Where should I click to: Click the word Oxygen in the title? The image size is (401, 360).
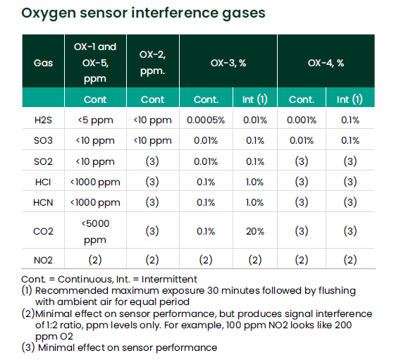coord(49,13)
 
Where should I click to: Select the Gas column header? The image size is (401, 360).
coord(43,63)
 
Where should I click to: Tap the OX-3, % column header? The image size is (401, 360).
coord(228,63)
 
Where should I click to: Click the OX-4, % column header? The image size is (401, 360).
coord(326,63)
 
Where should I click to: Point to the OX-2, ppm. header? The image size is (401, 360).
coord(153,63)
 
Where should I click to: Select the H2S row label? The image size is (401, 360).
coord(43,120)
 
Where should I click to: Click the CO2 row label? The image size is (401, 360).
coord(43,231)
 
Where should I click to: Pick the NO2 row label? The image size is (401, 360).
coord(43,260)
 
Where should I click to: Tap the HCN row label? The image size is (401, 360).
coord(43,202)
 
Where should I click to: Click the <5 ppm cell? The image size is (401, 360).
coord(95,120)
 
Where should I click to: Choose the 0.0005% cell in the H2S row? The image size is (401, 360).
coord(206,120)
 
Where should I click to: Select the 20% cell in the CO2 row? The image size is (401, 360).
coord(255,231)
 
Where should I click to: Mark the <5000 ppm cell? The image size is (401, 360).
coord(95,232)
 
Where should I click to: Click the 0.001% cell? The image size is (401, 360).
coord(302,120)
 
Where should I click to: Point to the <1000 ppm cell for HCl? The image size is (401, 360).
coord(95,182)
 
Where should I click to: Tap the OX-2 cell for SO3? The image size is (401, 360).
coord(153,141)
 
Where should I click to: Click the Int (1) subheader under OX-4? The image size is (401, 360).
coord(350,99)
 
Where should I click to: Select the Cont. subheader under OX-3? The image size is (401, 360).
coord(206,99)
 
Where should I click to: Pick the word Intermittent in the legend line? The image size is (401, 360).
coord(169,279)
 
